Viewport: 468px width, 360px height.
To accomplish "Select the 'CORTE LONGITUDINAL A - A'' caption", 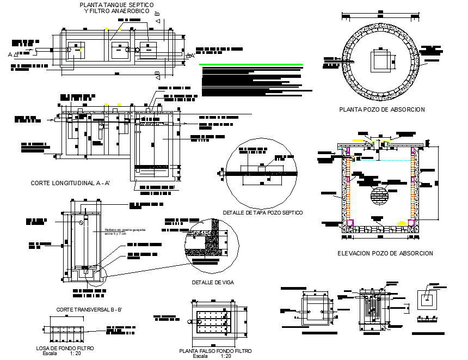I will (x=71, y=184).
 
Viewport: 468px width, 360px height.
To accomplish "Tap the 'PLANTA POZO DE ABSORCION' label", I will (x=381, y=109).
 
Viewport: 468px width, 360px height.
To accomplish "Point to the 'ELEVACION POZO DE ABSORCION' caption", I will (x=385, y=253).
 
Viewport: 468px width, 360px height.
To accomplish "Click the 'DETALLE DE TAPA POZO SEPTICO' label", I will (x=263, y=212).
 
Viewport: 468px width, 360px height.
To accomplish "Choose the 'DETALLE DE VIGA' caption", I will (x=211, y=282).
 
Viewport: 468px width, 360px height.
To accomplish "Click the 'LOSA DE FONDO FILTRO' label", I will (x=65, y=347).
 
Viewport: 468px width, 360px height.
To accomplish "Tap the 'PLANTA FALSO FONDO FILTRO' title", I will (x=212, y=351).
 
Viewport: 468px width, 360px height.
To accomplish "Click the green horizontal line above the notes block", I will (x=251, y=65).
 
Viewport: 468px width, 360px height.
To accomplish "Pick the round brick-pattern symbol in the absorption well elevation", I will (x=380, y=195).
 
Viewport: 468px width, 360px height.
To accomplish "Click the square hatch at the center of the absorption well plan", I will (x=380, y=60).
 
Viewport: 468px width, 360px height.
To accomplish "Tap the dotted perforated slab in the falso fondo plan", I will (x=214, y=322).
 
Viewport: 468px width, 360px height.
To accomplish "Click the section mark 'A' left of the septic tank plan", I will (x=10, y=54).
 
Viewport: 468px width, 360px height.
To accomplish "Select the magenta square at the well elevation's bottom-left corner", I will (x=349, y=223).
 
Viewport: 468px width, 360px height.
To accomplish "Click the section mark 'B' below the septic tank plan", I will (x=158, y=74).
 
